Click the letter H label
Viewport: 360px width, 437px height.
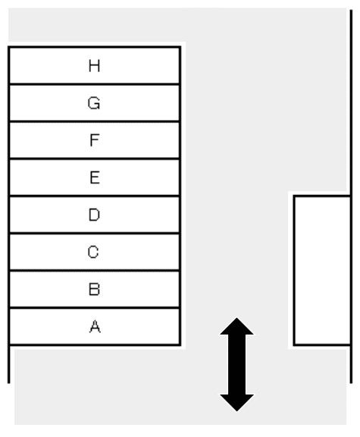95,66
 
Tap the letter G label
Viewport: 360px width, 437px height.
94,103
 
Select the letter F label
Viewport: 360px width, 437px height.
95,140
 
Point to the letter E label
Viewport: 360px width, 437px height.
95,178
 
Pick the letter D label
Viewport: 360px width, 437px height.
94,215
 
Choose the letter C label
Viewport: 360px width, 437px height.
93,252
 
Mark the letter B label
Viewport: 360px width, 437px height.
95,289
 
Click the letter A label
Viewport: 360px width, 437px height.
95,326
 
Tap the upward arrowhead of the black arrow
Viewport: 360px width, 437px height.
236,326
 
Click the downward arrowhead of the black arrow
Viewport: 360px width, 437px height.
237,403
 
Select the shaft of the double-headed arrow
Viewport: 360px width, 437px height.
237,364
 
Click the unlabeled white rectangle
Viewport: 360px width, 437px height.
322,271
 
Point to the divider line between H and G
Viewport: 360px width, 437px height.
95,83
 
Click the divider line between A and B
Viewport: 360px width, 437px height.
95,308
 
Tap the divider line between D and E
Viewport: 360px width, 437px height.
95,196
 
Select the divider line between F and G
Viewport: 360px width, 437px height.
95,121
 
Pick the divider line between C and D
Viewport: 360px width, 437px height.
95,233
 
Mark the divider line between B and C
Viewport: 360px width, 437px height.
95,270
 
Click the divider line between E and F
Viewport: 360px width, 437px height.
95,159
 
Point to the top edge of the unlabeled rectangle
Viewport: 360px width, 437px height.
322,196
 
